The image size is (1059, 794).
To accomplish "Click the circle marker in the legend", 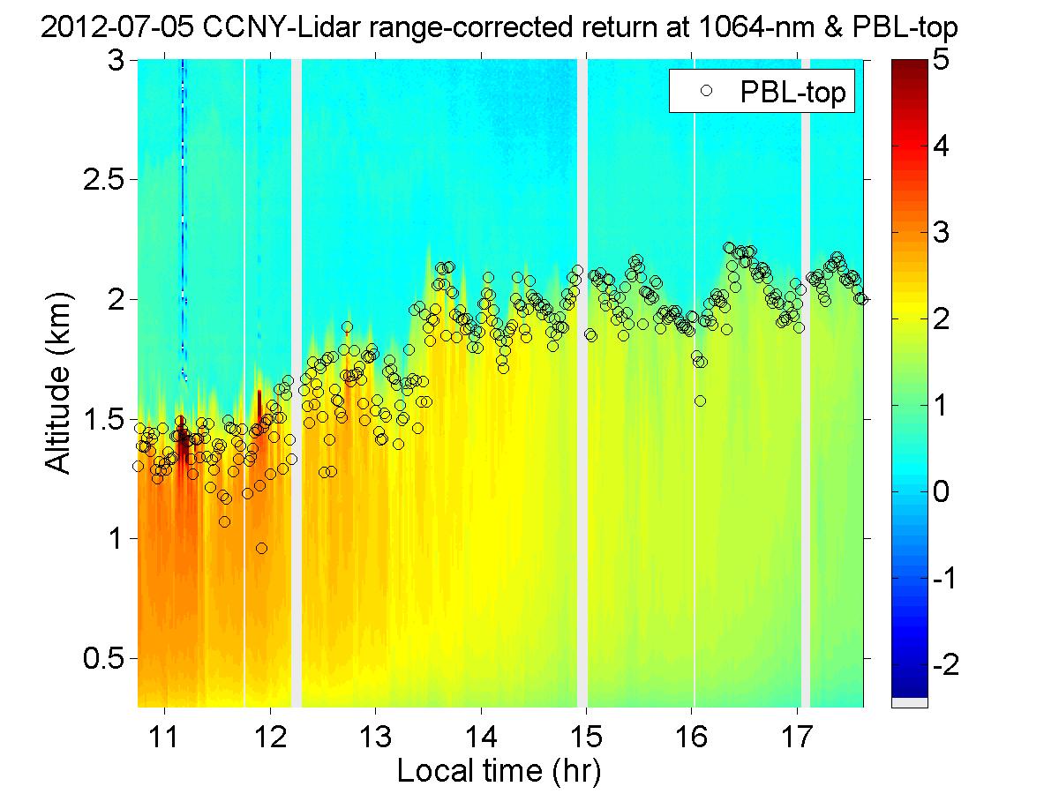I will (x=705, y=91).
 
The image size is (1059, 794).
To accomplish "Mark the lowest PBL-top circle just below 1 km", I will (x=261, y=548).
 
